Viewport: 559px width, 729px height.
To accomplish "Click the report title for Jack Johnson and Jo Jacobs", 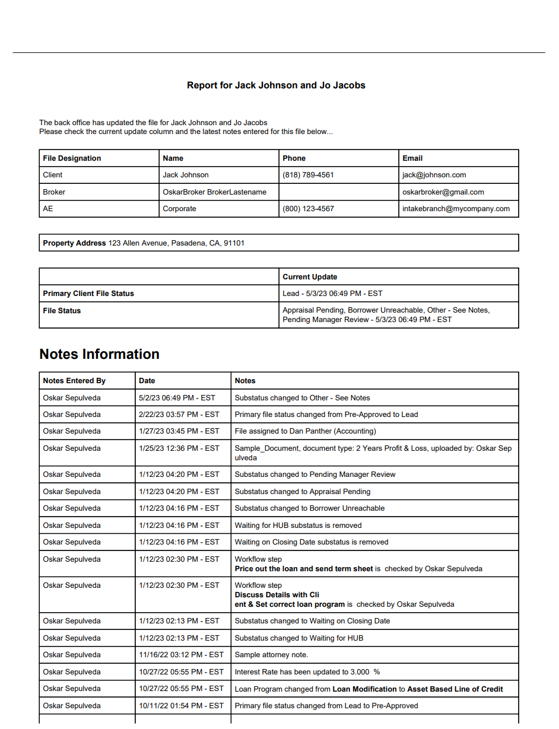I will [x=276, y=85].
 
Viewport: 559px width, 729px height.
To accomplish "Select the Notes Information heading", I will [x=99, y=354].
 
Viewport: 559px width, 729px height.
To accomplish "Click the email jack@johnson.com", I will [x=434, y=175].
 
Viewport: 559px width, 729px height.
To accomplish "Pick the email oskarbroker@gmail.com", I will [x=443, y=192].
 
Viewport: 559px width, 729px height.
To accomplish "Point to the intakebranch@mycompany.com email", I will [x=456, y=209].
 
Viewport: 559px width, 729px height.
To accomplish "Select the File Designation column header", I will [x=72, y=158].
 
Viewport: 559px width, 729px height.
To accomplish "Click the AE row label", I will [x=48, y=209].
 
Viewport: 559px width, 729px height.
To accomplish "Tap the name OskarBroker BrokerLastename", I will [x=214, y=192].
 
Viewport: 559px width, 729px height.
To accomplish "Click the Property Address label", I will [x=74, y=243].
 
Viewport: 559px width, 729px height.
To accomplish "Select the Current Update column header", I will [x=310, y=277].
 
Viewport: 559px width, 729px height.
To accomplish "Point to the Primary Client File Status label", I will [x=88, y=294].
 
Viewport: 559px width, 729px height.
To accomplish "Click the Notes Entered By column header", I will [x=74, y=381].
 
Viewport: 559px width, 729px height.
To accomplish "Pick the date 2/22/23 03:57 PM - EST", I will [x=179, y=415].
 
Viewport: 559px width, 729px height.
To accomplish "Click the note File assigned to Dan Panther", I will [x=305, y=431].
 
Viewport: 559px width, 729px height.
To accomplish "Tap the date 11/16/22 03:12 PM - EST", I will [x=181, y=655].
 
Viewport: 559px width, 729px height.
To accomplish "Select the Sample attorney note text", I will [x=271, y=655].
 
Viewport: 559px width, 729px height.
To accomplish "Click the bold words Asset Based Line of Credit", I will [x=455, y=689].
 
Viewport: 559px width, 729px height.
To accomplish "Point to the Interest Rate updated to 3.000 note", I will [x=307, y=672].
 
